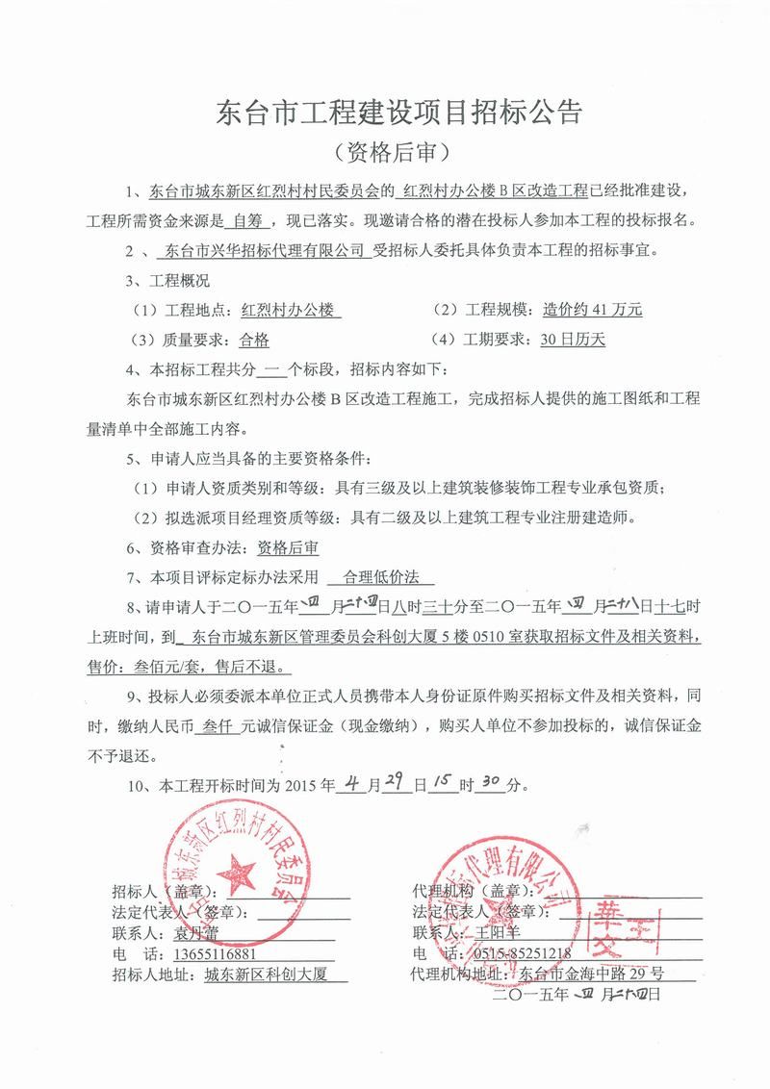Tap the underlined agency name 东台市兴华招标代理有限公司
[263, 251]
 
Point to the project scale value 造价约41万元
[592, 310]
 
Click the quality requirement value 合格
[253, 339]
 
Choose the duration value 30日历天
[574, 339]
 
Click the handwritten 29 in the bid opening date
[393, 784]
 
